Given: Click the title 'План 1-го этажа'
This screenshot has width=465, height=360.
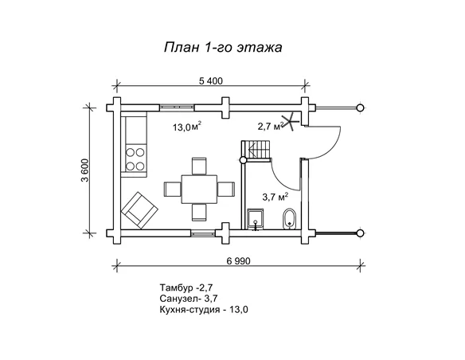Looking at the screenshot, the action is click(x=223, y=48).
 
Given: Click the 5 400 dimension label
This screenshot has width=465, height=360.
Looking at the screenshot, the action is click(x=210, y=81).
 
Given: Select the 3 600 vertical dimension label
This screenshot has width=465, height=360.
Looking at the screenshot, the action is click(x=85, y=170).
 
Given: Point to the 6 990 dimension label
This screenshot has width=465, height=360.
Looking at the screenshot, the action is click(x=238, y=261).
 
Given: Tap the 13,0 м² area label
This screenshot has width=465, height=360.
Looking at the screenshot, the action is click(x=187, y=127).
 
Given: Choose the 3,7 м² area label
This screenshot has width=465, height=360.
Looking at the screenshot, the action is click(x=275, y=196).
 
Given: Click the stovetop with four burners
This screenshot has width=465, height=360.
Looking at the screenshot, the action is click(x=135, y=159).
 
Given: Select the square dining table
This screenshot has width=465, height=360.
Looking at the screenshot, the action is click(x=199, y=189).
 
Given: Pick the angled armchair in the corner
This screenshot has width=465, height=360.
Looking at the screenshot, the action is click(x=139, y=210).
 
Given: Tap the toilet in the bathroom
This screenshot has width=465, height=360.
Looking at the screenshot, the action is click(x=290, y=219).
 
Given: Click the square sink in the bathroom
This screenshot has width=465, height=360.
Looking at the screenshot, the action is click(x=256, y=219).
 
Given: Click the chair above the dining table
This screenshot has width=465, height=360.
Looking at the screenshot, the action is click(x=199, y=166).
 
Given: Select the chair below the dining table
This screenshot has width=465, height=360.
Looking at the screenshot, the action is click(x=199, y=212).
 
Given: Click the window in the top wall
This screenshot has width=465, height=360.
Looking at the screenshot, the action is click(x=177, y=108).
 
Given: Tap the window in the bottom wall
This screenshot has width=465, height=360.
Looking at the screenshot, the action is click(x=202, y=233).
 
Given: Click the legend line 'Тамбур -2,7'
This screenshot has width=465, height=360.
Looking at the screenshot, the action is click(x=186, y=288).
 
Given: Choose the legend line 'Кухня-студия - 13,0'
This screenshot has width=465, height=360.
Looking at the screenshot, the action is click(x=204, y=310).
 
